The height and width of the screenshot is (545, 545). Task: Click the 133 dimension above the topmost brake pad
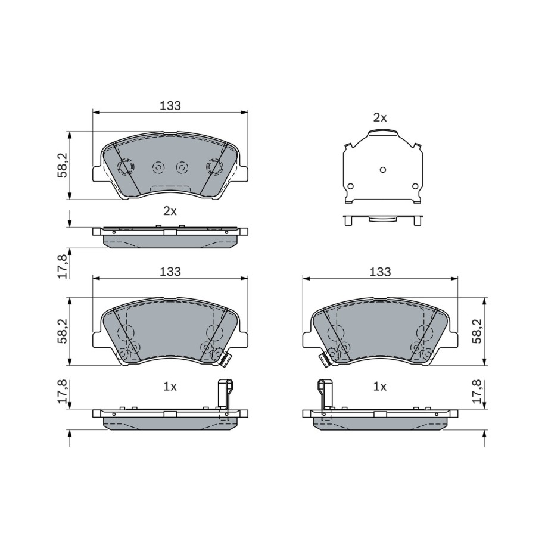point(170,105)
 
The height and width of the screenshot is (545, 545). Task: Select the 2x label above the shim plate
point(380,118)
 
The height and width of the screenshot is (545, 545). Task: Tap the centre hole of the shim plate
point(382,170)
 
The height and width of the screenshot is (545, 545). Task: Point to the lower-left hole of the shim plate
point(350,186)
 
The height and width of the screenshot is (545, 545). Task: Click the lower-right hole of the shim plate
point(415,186)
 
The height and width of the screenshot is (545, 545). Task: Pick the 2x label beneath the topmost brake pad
point(170,211)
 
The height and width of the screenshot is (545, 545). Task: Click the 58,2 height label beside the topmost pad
point(63,166)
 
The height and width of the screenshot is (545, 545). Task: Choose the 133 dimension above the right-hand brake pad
point(380,272)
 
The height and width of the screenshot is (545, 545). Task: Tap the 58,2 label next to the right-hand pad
point(478,331)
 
